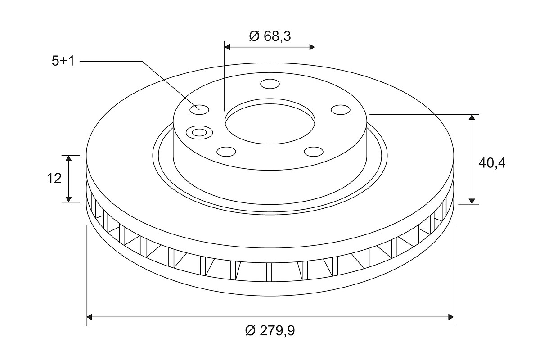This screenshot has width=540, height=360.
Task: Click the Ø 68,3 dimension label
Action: click(x=270, y=36)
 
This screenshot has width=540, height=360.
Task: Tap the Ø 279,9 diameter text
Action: click(x=270, y=330)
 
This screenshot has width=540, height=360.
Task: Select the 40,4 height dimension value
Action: click(x=492, y=163)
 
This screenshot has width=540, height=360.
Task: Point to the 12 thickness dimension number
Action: click(x=54, y=179)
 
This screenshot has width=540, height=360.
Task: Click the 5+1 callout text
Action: click(x=63, y=61)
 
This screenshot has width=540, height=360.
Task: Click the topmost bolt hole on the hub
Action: click(x=270, y=84)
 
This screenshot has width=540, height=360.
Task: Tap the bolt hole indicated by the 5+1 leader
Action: click(x=199, y=110)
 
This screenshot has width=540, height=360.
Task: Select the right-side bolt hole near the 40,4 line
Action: click(x=340, y=110)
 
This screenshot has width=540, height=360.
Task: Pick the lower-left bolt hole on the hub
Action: click(x=226, y=152)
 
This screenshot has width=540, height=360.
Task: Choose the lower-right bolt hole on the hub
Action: click(x=314, y=152)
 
